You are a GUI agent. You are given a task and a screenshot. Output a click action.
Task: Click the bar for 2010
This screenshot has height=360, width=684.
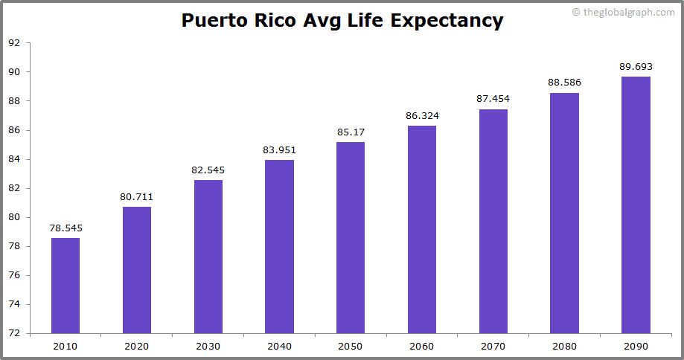[x=65, y=286]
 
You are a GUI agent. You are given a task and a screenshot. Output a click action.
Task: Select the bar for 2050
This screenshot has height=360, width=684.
[x=351, y=237]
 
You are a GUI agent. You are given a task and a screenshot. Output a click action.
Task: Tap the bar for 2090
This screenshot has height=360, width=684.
[x=636, y=205]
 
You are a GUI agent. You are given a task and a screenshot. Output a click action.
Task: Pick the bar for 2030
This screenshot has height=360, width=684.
[x=208, y=257]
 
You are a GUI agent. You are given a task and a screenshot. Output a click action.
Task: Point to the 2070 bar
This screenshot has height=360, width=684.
[x=493, y=221]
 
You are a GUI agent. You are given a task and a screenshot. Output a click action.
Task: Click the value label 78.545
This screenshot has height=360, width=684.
[x=65, y=228]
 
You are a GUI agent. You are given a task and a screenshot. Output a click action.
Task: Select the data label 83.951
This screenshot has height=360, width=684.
[x=279, y=150]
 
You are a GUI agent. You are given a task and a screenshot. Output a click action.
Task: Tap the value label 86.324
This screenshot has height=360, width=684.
[x=422, y=116]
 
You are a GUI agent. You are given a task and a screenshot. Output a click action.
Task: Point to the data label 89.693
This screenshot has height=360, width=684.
[x=636, y=67]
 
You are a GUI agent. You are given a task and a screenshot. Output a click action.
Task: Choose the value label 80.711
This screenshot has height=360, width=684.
[x=137, y=197]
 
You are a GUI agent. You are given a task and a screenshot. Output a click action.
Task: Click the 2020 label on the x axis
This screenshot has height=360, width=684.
[x=137, y=346]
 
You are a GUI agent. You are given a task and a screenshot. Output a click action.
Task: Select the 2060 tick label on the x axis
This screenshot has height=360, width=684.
[x=422, y=346]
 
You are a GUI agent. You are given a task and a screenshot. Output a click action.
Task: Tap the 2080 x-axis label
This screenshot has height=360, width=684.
[x=564, y=346]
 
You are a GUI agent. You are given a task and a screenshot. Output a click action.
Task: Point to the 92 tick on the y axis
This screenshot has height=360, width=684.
[x=14, y=43]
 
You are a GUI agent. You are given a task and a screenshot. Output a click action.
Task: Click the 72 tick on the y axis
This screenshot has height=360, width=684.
[x=14, y=333]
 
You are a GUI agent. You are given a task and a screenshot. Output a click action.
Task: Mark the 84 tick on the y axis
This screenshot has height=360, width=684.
[x=14, y=159]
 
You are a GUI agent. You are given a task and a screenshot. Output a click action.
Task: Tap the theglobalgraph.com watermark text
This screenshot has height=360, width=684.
[x=628, y=12]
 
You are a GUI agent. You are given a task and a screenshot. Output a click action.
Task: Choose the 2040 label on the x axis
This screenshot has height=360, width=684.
[x=279, y=346]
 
